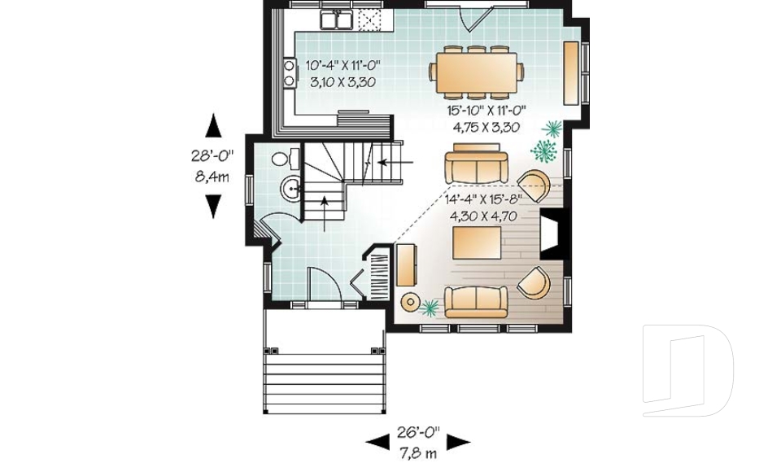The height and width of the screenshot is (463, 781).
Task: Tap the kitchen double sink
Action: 336,20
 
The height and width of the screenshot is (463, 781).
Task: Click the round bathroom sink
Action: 291,190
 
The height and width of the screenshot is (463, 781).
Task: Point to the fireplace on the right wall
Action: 551,236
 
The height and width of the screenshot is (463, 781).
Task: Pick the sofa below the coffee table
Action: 475,301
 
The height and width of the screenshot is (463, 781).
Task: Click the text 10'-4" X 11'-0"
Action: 343,64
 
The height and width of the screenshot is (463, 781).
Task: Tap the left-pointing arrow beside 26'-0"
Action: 377,442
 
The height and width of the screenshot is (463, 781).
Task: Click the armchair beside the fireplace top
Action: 534,186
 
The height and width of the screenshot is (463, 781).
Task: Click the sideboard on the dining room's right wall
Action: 571,72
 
